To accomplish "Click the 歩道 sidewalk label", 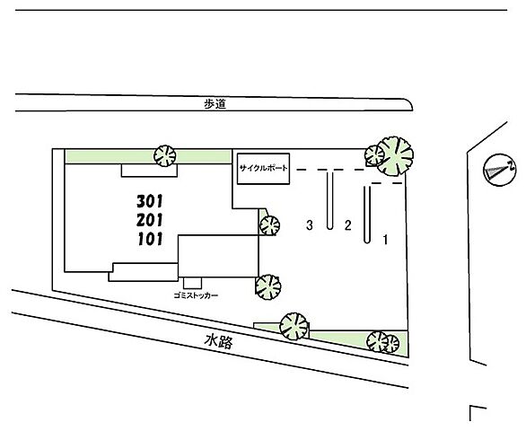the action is point(215,104).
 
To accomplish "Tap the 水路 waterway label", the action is point(218,342).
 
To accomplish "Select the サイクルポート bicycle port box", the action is point(263,169).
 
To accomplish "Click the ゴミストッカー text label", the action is point(196,295).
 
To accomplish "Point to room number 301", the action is point(150,201).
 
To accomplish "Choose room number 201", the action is point(150,220).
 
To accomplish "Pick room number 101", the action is point(150,239).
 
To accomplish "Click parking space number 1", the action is point(386,240).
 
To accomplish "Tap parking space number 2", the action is point(348,225).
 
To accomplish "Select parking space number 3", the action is point(310,225).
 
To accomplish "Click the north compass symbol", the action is point(500,170).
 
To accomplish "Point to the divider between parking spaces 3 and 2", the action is point(330,199).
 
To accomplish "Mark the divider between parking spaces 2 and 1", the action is point(367,215).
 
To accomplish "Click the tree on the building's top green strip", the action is point(164,155).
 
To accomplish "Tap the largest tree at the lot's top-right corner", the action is point(395,156).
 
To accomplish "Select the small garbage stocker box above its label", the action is point(193,283).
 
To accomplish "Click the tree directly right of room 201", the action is point(269,225).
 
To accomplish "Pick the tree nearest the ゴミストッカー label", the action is point(268,287).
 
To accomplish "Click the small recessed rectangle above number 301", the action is point(149,171).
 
